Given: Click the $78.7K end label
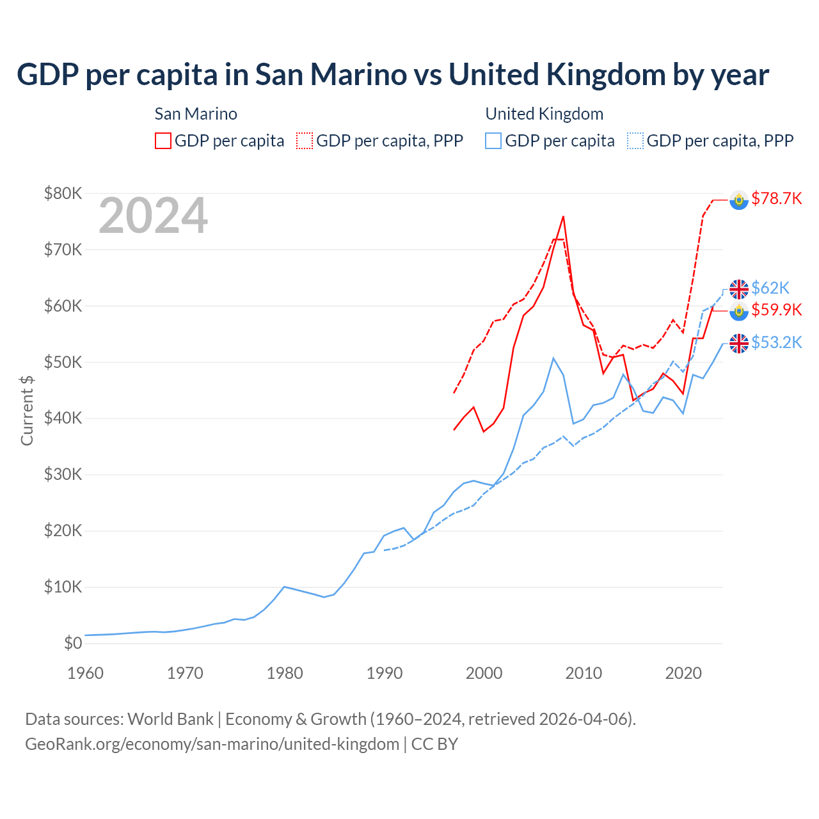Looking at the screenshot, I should (776, 199).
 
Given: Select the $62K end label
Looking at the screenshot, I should (770, 288).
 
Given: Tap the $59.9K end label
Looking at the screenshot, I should (776, 310).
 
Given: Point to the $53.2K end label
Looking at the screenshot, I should (776, 343).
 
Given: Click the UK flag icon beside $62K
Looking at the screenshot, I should (739, 289).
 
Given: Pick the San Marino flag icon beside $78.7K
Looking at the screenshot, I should (739, 200).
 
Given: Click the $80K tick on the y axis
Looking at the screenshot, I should (63, 193).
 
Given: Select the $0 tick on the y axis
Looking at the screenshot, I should (73, 644).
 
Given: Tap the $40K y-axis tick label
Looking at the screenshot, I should (63, 418).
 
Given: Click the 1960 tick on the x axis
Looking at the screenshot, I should (85, 673).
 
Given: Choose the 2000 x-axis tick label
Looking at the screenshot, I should (484, 673).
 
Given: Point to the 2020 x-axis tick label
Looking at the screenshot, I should (683, 673).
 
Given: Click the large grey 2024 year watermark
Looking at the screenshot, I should (153, 216).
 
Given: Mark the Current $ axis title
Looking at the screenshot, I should (27, 410).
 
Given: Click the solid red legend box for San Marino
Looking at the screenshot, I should (163, 141).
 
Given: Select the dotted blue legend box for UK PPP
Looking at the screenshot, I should (635, 141).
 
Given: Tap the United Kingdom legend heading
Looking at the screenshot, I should (544, 114).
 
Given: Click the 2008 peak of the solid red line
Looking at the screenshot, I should (563, 217).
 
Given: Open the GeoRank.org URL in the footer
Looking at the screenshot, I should (212, 744).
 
